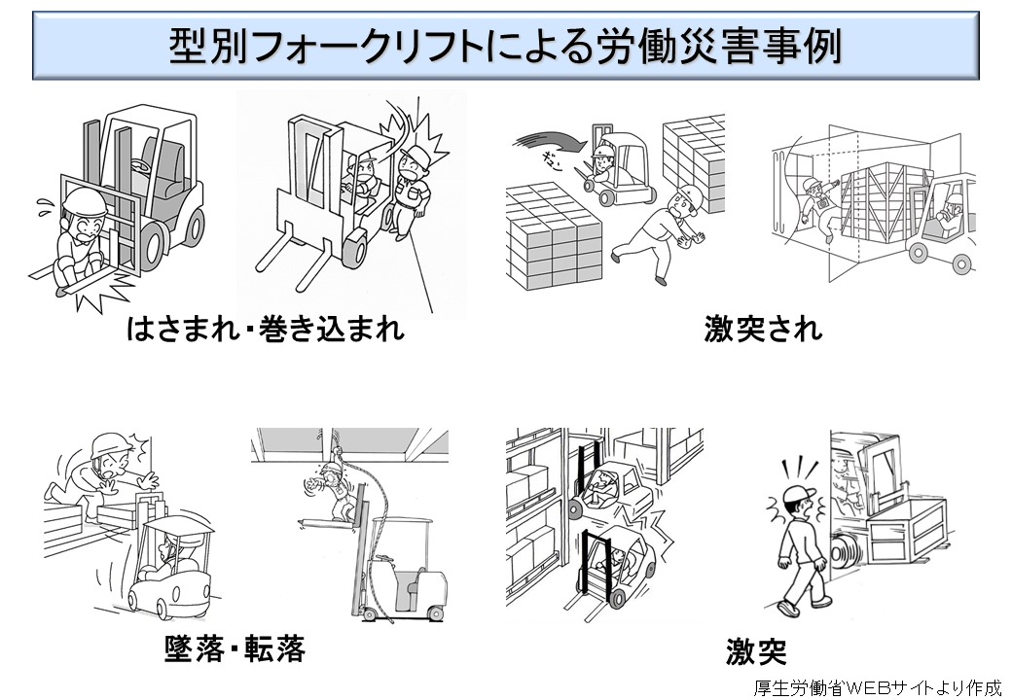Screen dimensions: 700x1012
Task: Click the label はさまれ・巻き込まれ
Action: [265, 330]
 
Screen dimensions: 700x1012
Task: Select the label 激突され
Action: [763, 330]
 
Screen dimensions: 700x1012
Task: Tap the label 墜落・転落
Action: [235, 647]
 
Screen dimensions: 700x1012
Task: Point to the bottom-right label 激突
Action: [756, 650]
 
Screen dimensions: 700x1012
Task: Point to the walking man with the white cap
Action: [800, 549]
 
